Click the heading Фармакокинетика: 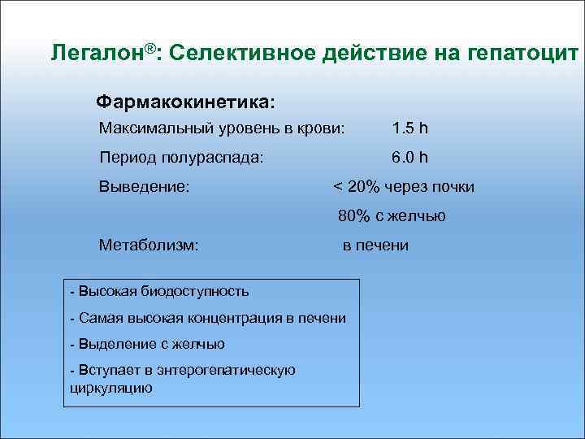click(185, 103)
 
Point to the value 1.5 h click(409, 128)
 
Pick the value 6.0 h click(409, 158)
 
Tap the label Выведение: click(145, 187)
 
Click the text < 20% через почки click(404, 187)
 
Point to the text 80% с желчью click(392, 216)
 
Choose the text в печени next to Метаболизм click(375, 246)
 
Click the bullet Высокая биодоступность click(163, 291)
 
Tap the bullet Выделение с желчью click(151, 344)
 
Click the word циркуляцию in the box click(107, 387)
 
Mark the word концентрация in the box click(231, 318)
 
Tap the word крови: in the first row click(323, 128)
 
